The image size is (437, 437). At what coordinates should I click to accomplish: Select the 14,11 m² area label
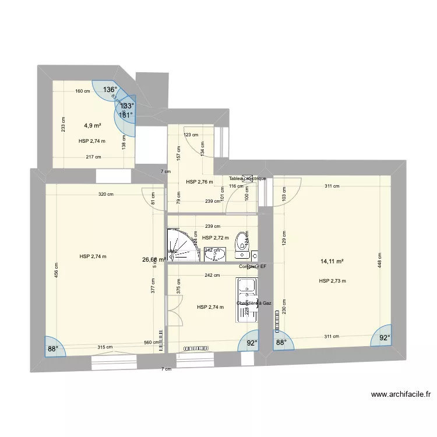coord(331,262)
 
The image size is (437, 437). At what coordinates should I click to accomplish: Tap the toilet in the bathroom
coord(241,245)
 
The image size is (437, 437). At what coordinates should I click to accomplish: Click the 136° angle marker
coord(110,90)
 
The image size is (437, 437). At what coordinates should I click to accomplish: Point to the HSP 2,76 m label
coord(199,182)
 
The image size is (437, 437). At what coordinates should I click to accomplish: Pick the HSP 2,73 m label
coord(333,281)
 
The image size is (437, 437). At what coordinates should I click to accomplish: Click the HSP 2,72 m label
coord(215,238)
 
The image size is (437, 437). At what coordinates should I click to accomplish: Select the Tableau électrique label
coord(247,178)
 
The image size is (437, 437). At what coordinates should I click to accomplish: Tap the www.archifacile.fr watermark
coord(401,394)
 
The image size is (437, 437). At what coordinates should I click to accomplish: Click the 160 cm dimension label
coord(82,91)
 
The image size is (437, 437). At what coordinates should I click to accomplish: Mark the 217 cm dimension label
coord(93,157)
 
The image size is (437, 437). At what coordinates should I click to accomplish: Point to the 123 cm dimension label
coord(191,135)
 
